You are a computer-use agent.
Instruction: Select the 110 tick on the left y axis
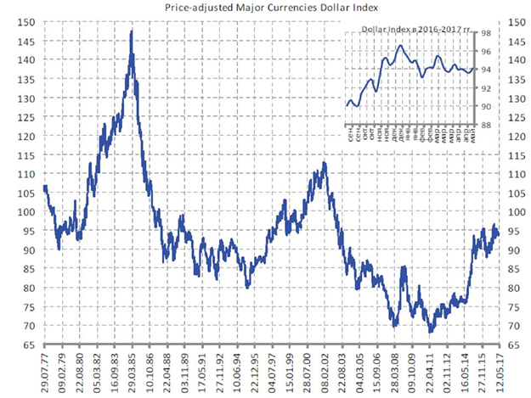point(30,174)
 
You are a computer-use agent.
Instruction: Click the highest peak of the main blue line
point(131,32)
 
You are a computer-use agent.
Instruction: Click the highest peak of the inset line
point(399,46)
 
